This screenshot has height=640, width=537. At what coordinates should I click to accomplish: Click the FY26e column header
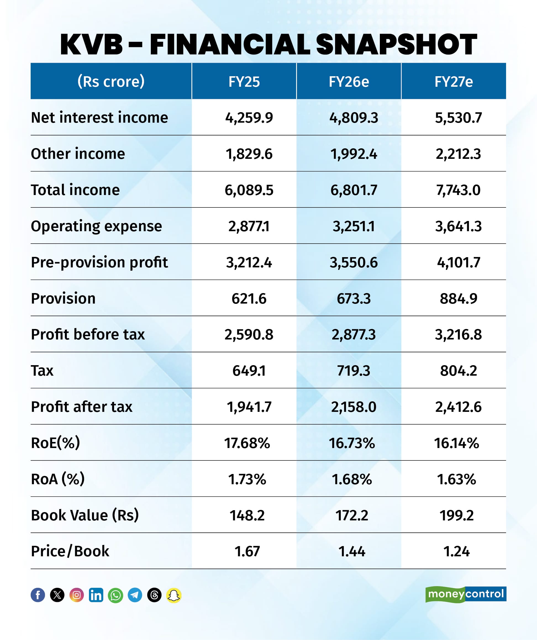tap(349, 82)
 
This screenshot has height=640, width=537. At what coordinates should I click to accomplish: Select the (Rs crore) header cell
tap(111, 81)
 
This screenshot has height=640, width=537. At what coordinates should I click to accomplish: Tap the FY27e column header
tap(454, 82)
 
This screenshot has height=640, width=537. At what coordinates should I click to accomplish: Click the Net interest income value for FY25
tap(249, 118)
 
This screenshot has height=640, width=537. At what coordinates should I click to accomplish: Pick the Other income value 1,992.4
tap(354, 154)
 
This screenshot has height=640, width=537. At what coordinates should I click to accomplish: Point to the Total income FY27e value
tap(458, 190)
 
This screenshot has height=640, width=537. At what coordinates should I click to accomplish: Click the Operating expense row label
tap(96, 226)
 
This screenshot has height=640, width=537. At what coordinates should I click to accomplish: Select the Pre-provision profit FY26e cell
tap(354, 262)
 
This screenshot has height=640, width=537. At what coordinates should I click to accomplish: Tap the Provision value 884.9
tap(458, 299)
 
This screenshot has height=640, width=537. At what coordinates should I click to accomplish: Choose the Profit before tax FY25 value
tap(249, 335)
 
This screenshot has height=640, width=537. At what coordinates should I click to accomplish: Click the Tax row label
tap(42, 371)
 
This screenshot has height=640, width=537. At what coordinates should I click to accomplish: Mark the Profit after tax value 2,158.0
tap(354, 407)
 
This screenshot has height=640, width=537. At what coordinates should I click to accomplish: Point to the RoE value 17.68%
tap(247, 443)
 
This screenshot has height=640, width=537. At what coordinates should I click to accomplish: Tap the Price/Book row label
tap(70, 552)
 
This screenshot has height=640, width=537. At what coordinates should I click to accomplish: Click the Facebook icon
tap(38, 595)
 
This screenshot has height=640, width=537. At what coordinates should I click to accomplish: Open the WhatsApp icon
tap(115, 595)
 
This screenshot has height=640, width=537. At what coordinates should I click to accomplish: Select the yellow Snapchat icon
tap(174, 595)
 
